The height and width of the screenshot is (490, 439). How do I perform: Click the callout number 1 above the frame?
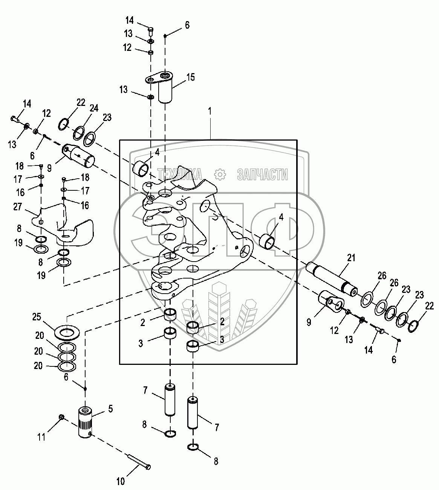[x=210, y=111]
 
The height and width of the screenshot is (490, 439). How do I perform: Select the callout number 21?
[x=351, y=258]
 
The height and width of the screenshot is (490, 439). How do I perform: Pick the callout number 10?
[x=121, y=481]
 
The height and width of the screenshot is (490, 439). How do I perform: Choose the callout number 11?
[x=41, y=437]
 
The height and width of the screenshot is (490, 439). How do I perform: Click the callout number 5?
[x=110, y=408]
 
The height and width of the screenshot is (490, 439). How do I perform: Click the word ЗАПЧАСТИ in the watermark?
[x=263, y=175]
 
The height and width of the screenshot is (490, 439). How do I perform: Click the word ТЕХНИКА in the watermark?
[x=180, y=174]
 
